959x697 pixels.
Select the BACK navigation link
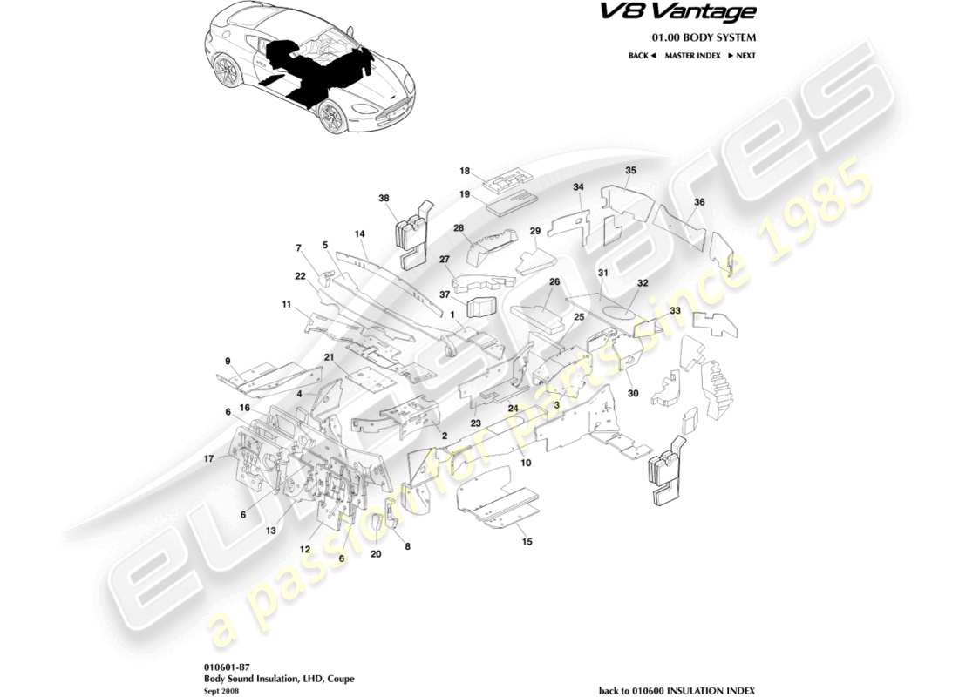pyautogui.click(x=641, y=56)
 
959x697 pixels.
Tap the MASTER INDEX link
pyautogui.click(x=692, y=56)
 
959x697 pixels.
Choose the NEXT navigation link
pyautogui.click(x=742, y=56)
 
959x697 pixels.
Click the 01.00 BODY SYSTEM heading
pyautogui.click(x=704, y=37)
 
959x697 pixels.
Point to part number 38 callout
pyautogui.click(x=384, y=198)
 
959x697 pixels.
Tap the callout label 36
pyautogui.click(x=699, y=201)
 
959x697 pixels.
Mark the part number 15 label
pyautogui.click(x=526, y=542)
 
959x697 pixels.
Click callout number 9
pyautogui.click(x=227, y=361)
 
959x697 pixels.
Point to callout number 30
pyautogui.click(x=632, y=393)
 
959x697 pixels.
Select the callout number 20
pyautogui.click(x=376, y=553)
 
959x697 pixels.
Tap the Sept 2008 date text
pyautogui.click(x=217, y=687)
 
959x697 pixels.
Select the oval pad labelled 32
pyautogui.click(x=620, y=311)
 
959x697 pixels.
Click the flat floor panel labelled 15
pyautogui.click(x=497, y=505)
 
